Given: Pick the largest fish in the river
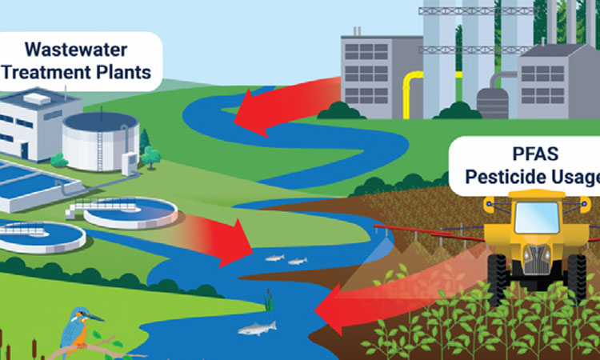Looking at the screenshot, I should (x=255, y=327).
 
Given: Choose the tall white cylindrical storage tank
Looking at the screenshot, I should (x=99, y=139).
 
